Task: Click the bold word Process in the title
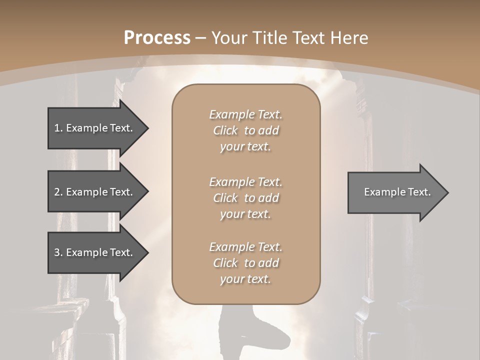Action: coord(157,38)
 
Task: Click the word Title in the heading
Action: coord(269,38)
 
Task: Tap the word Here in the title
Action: coord(349,38)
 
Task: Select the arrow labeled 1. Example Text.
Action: coord(95,128)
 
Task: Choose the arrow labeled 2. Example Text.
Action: coord(95,192)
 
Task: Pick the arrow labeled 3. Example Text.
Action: coord(95,252)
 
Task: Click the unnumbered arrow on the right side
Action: coord(395,192)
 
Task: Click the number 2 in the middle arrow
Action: coord(57,192)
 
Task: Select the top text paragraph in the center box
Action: coord(245,130)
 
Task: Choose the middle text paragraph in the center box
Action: coord(245,198)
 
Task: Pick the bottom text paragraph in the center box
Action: coord(245,263)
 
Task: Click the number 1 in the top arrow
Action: coord(57,128)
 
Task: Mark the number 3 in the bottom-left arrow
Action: coord(57,252)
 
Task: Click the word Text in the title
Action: coord(310,38)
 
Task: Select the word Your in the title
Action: coord(229,38)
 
